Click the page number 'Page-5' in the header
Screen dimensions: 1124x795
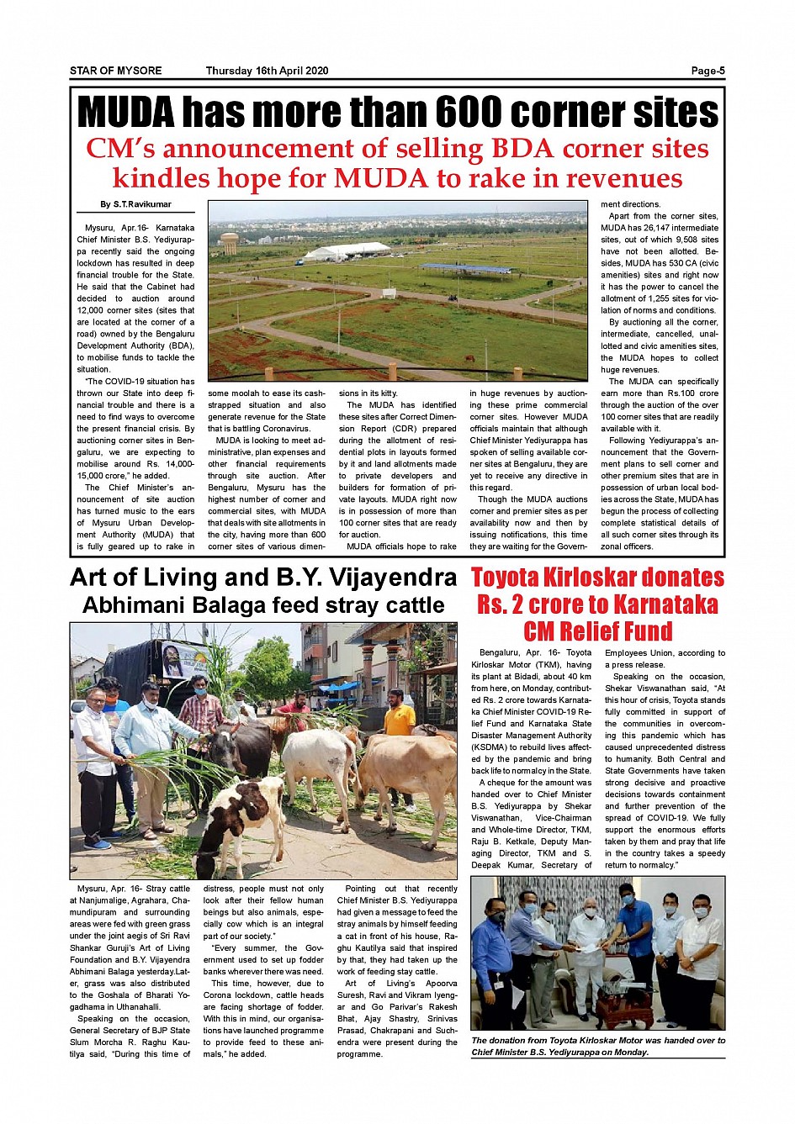[x=708, y=71]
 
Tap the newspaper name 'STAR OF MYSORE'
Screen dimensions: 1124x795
[x=115, y=71]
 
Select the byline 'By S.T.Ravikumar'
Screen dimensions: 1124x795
[x=135, y=204]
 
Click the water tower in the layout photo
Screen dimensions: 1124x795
[x=229, y=244]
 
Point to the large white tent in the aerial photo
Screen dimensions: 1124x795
[x=347, y=251]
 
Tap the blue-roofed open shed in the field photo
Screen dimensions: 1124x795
[x=466, y=269]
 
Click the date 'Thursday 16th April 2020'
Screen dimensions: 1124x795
[x=267, y=71]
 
